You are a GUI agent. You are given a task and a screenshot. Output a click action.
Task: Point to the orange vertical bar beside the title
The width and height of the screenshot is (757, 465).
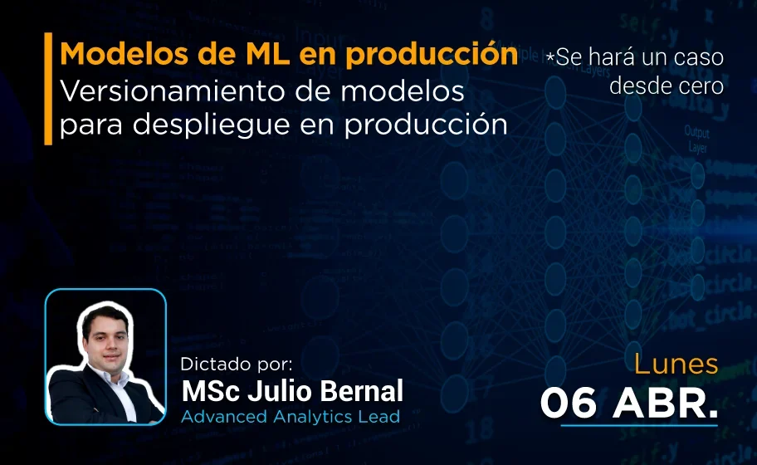(48, 89)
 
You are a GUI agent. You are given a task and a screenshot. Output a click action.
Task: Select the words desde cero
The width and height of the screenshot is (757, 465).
(667, 85)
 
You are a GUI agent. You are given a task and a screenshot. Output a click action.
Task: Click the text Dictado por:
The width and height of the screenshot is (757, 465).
(237, 364)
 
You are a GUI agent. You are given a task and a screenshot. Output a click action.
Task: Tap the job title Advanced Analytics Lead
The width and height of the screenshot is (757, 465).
(291, 416)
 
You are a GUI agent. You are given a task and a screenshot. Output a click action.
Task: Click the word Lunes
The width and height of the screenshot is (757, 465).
(676, 365)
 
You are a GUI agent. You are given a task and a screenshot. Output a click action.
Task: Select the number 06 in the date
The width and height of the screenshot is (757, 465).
(570, 403)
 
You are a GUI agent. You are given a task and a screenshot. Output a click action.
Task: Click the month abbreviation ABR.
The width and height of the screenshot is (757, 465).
(664, 403)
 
